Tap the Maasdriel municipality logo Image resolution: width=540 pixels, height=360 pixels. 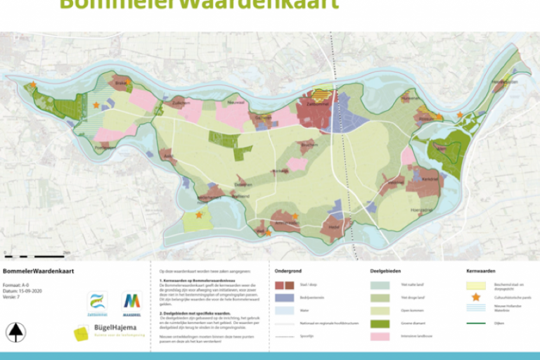tap(131, 304)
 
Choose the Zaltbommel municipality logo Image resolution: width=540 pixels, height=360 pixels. tap(97, 304)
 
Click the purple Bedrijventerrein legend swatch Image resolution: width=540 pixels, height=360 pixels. tap(284, 298)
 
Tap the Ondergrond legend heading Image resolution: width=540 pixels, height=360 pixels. tap(288, 271)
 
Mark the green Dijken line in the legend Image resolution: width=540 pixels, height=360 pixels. tap(476, 323)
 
